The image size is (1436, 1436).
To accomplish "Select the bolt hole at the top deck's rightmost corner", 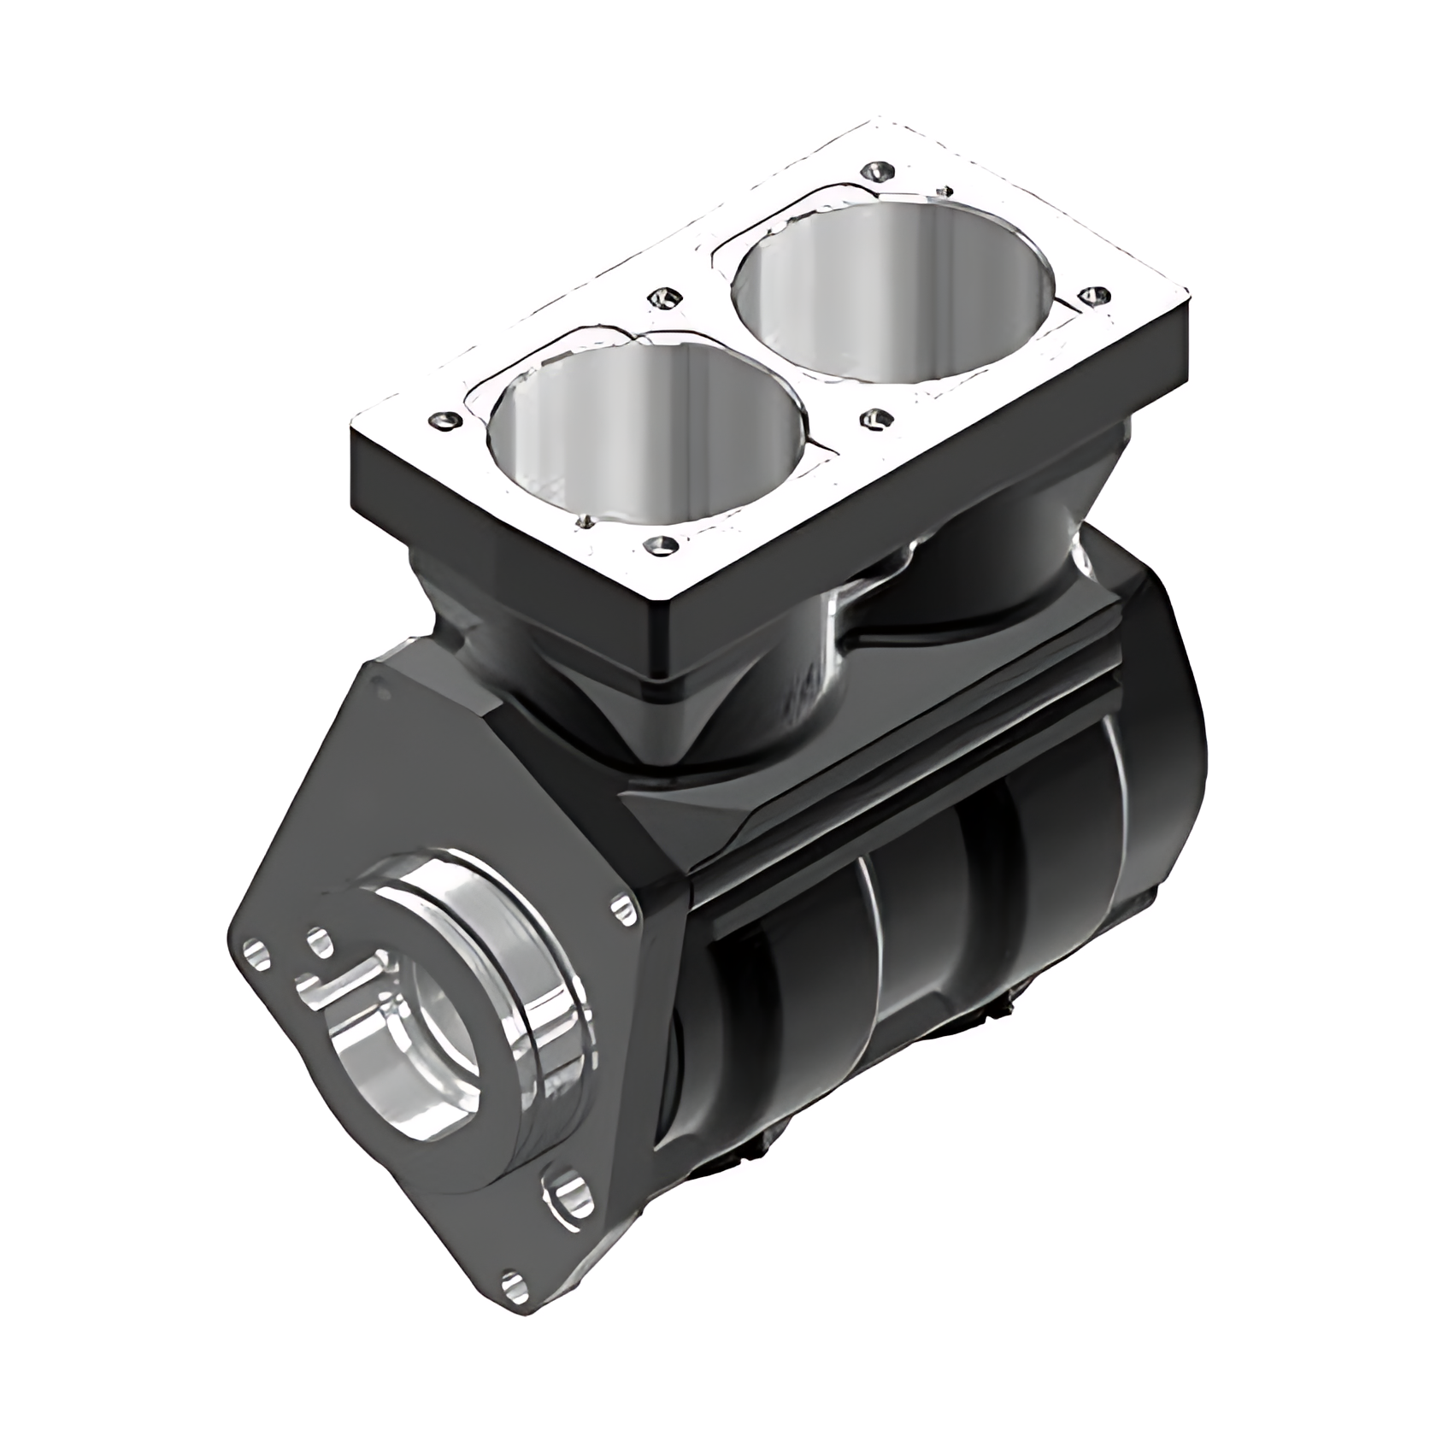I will (x=1093, y=297).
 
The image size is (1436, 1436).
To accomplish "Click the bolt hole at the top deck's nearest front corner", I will (x=660, y=544).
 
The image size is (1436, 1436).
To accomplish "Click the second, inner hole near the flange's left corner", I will (x=318, y=942).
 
